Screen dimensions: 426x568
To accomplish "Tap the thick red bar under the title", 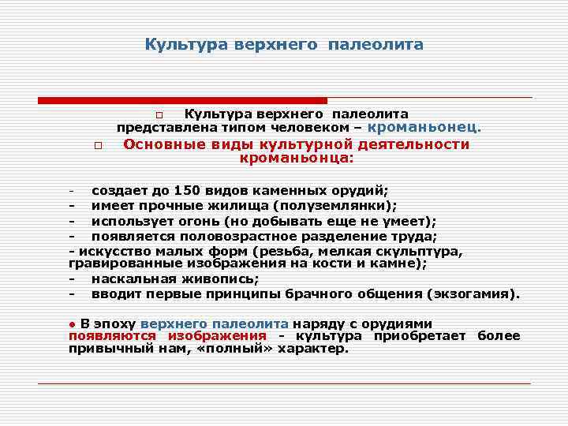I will (182, 100).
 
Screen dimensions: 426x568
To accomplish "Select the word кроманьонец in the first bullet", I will (424, 127).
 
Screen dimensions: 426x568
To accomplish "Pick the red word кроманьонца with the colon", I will (297, 158).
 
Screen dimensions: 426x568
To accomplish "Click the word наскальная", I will (129, 278).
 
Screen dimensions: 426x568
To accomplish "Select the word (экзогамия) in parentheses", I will (473, 294).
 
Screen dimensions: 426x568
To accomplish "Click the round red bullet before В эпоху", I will (72, 324).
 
